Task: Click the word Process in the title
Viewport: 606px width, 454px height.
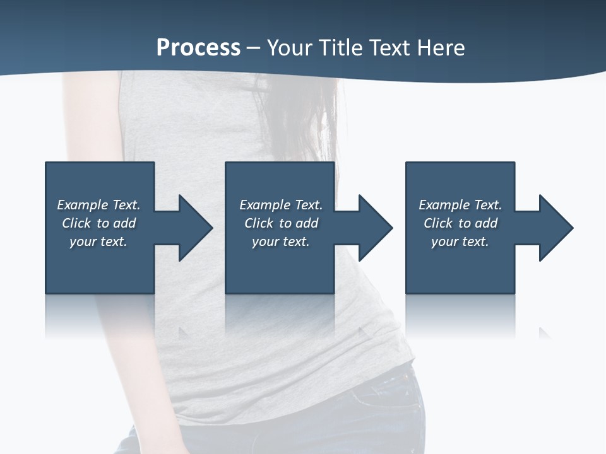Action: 198,48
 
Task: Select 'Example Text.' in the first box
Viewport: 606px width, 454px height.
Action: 98,205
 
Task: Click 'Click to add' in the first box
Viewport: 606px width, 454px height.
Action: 98,223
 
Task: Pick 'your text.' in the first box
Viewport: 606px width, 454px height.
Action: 98,242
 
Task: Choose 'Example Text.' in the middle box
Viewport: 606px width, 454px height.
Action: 281,205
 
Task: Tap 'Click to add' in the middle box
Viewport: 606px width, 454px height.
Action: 281,223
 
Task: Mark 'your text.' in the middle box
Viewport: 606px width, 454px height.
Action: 281,242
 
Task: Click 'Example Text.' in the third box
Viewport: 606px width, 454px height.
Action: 460,205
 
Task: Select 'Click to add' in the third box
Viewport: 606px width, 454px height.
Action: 460,223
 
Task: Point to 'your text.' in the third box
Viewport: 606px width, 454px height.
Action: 460,242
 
